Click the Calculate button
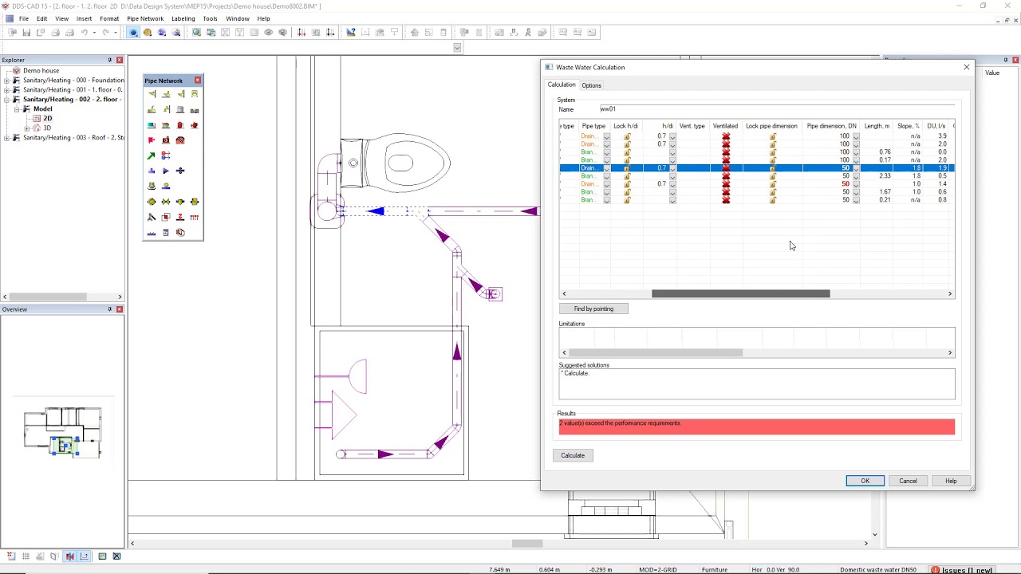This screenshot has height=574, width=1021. pos(573,455)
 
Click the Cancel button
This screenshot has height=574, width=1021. pos(908,481)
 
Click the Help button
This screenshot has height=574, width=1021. pos(951,481)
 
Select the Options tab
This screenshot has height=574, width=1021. pos(591,85)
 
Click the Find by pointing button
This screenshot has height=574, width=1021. pos(593,309)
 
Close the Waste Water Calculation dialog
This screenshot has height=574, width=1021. pos(967,67)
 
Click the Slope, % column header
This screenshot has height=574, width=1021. pos(908,126)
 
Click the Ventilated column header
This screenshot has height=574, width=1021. pos(725,126)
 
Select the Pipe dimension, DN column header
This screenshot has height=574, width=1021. pos(831,126)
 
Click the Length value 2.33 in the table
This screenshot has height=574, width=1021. pos(885,176)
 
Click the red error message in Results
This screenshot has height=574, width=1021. pos(756,427)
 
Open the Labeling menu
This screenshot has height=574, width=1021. pos(183,18)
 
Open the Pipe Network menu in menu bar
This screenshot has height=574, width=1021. pos(145,18)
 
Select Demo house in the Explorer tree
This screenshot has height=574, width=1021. pos(41,70)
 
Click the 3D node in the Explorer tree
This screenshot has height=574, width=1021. pos(47,128)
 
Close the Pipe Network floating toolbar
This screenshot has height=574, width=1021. pos(198,81)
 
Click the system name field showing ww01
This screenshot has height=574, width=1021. pos(774,109)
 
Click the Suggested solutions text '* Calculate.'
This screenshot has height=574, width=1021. pos(574,373)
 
